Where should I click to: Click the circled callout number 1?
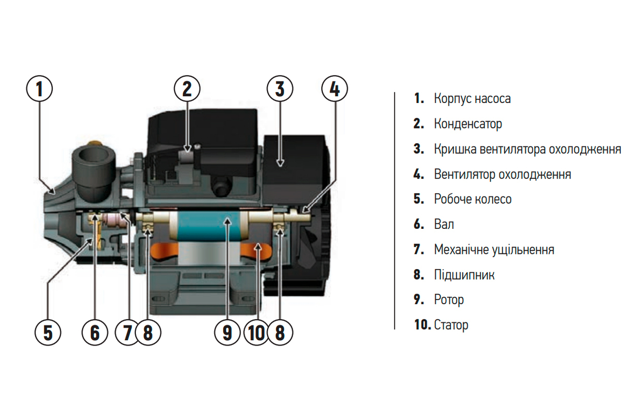40,88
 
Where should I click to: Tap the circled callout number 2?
187,88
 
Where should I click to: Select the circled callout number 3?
280,88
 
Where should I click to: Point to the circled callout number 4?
334,88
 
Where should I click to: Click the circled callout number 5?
48,333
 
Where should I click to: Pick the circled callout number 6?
95,333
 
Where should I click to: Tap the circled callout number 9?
227,333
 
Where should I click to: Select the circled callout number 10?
256,333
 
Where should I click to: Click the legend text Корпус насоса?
472,99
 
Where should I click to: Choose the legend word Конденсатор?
468,124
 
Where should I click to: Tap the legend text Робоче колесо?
473,199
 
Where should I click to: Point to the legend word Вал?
444,224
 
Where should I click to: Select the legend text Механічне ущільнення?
494,249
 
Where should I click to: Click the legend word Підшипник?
464,275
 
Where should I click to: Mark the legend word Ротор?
449,300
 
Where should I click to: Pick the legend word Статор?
451,325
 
